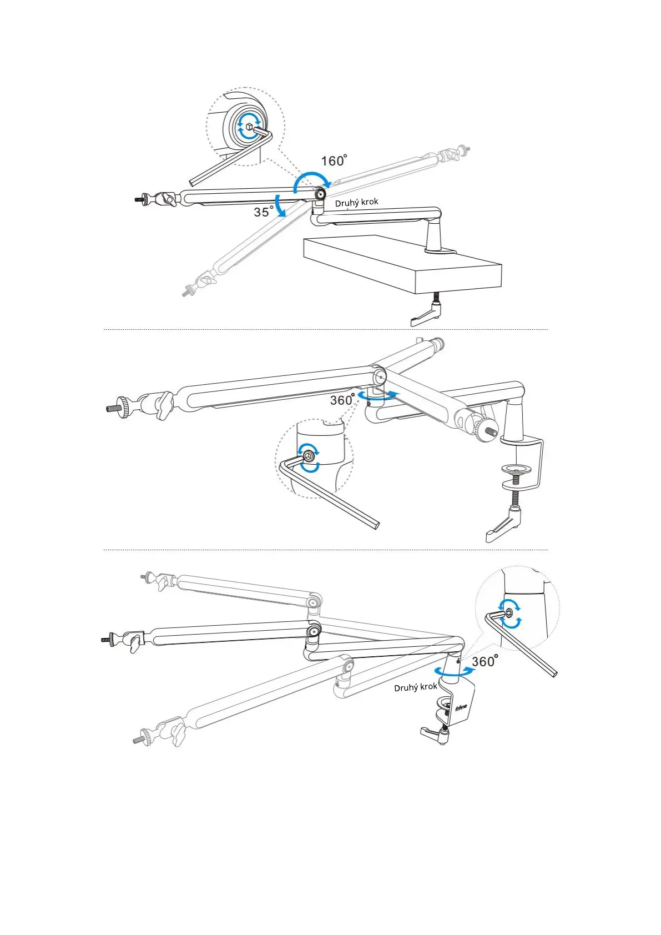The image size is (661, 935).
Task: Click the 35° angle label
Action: pos(263,212)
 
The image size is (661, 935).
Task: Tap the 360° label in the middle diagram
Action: pos(342,400)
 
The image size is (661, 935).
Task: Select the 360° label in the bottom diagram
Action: pos(485,661)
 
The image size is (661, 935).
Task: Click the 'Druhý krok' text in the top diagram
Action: pos(356,202)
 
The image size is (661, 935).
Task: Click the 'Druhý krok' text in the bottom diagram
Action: pos(415,687)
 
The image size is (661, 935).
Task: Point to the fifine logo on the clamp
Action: pos(461,708)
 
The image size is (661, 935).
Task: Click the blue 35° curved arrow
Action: pos(281,206)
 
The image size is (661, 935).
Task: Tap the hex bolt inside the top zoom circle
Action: pos(249,127)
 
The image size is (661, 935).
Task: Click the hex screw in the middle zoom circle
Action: pos(308,456)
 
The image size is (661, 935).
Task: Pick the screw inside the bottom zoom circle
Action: pos(509,613)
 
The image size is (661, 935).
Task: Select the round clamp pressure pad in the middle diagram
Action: pos(517,469)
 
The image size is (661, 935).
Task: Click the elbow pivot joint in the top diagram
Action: pos(320,194)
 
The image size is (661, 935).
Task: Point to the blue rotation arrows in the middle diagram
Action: pos(378,395)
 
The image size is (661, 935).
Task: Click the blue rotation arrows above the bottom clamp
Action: pos(455,671)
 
